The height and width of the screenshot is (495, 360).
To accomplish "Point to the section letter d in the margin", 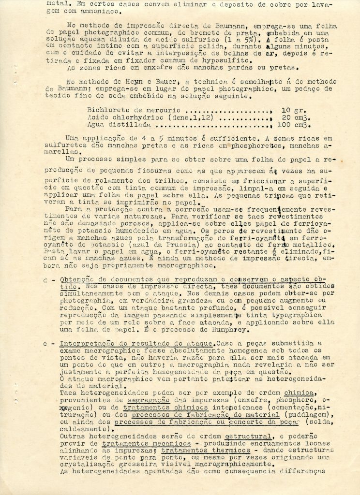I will tap(46, 280).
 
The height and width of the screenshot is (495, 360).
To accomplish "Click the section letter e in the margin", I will tap(46, 343).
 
